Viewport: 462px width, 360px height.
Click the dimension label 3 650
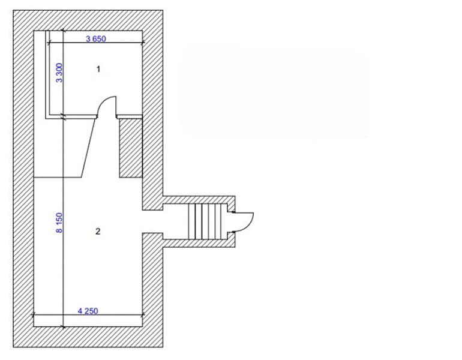(x=96, y=38)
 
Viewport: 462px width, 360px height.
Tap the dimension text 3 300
(x=59, y=73)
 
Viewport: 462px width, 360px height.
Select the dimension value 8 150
(x=59, y=223)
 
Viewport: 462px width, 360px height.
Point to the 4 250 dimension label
(x=88, y=311)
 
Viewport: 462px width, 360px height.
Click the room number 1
(x=98, y=69)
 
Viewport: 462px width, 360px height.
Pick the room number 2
(x=98, y=231)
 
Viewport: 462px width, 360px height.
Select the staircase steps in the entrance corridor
(x=205, y=221)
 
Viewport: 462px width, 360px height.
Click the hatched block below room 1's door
(x=131, y=148)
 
